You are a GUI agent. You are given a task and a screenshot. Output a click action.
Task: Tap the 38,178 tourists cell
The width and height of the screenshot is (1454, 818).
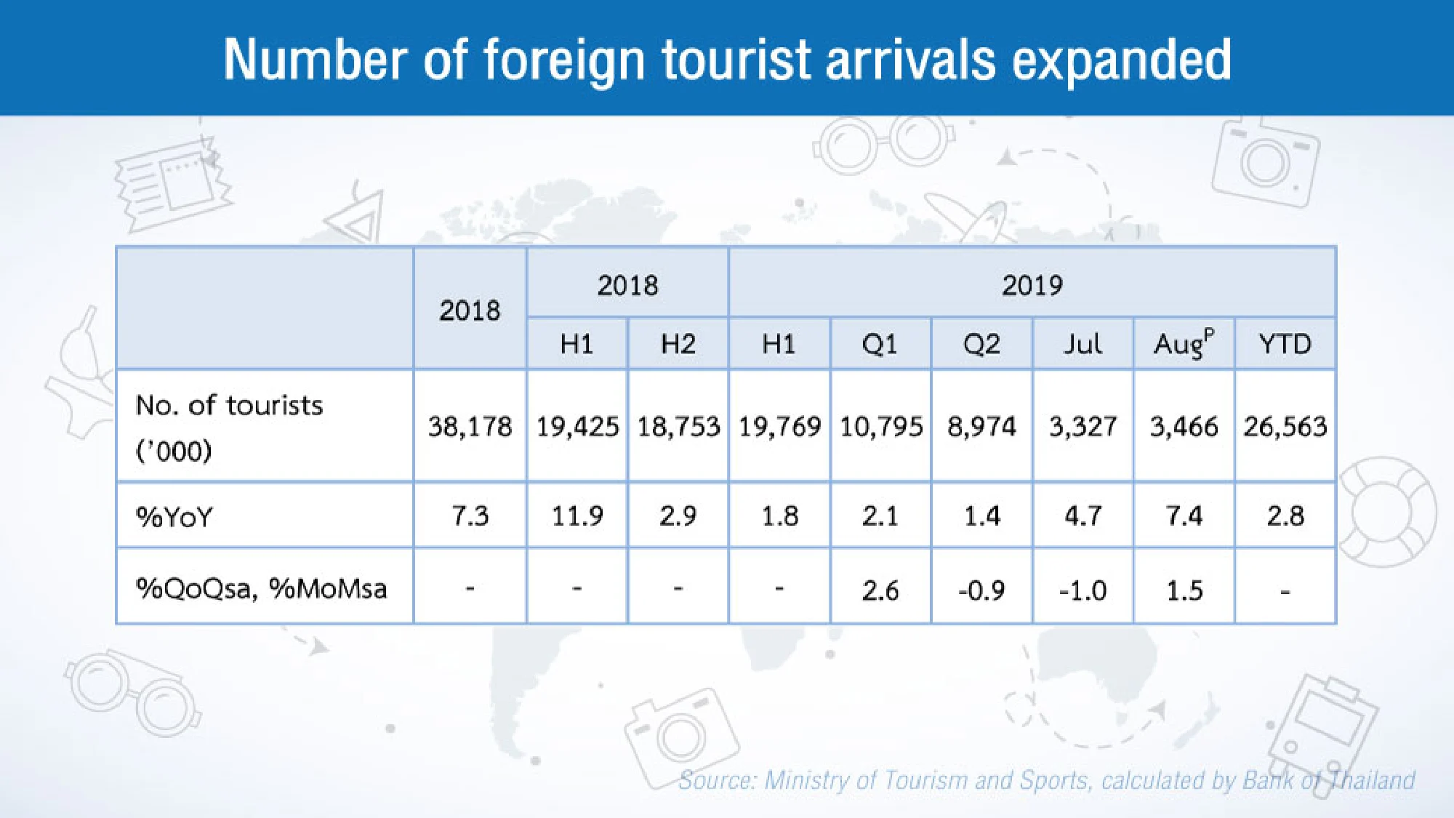tap(470, 426)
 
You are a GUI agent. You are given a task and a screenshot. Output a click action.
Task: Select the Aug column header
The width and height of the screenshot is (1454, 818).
tap(1184, 343)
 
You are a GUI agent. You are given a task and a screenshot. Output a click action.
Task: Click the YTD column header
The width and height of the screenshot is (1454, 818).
tap(1285, 343)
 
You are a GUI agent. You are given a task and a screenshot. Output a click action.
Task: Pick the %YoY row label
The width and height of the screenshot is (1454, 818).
tap(174, 517)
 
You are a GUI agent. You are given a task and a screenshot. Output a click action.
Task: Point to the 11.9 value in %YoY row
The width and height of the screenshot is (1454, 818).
tap(577, 516)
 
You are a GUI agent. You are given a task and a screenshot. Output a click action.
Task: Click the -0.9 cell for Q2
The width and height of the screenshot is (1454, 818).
tap(981, 590)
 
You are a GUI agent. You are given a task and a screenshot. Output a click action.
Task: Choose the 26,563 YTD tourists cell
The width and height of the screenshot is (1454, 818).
tap(1285, 426)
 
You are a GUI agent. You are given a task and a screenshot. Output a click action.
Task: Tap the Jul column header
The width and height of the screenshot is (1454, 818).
tap(1083, 343)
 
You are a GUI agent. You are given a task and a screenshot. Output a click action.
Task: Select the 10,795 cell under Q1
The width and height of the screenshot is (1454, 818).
tap(880, 426)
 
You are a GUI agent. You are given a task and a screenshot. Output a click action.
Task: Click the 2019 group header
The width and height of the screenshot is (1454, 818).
tap(1032, 285)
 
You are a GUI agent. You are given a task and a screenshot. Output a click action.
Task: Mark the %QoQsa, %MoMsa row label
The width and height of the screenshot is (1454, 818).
tap(262, 588)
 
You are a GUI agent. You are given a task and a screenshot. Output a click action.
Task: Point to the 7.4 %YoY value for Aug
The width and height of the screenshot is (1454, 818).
tap(1184, 516)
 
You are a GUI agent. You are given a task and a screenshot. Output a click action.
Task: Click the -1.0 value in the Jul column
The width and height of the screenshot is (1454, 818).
tap(1083, 590)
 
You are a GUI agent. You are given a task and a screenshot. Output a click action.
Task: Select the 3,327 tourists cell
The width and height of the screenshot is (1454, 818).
tap(1083, 426)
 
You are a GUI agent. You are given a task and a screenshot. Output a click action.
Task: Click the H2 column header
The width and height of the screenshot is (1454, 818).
tap(678, 343)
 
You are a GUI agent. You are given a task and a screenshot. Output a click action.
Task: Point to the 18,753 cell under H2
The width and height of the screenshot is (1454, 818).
tap(678, 426)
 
